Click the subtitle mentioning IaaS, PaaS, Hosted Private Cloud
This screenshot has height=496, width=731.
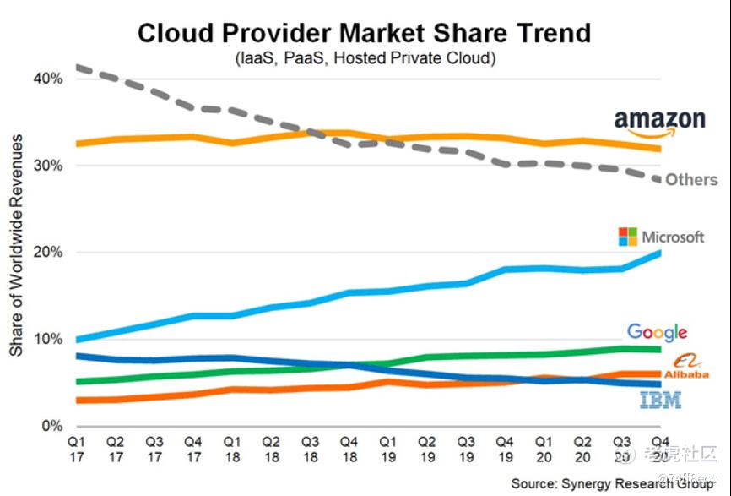(365, 58)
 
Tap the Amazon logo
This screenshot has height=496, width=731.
(659, 123)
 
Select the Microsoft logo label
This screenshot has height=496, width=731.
(661, 237)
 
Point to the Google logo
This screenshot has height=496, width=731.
(657, 332)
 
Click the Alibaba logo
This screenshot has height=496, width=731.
(685, 367)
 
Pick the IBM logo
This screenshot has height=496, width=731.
(660, 401)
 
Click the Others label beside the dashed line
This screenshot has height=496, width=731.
(691, 179)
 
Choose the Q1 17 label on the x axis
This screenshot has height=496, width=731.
(77, 449)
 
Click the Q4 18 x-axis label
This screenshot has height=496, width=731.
(349, 449)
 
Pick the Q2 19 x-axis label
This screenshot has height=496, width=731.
(426, 449)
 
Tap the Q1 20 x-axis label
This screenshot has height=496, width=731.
(543, 449)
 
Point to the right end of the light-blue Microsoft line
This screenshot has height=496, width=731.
(658, 253)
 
